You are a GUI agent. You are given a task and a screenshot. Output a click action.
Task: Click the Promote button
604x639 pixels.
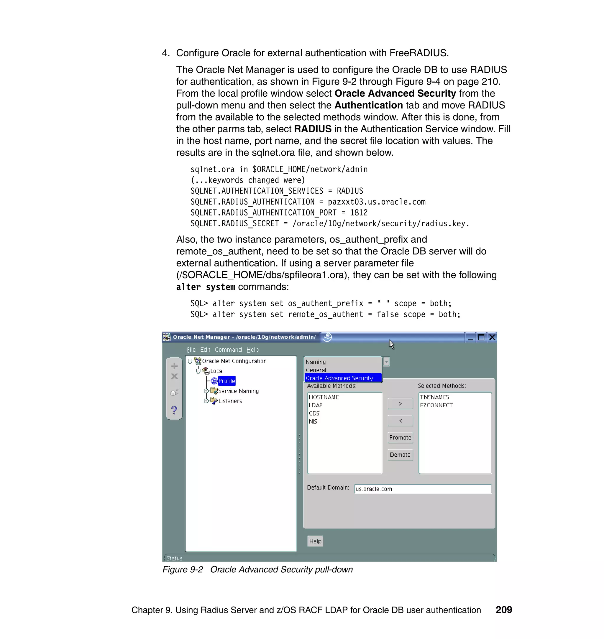[x=400, y=438]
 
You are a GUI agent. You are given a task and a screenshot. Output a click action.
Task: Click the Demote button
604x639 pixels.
[x=400, y=454]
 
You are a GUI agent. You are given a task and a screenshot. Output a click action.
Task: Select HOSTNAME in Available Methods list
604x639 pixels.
[x=324, y=397]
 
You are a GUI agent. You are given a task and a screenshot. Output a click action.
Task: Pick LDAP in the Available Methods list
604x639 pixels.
[x=316, y=405]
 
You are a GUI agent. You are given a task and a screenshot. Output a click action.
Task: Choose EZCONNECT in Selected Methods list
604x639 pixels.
[x=436, y=405]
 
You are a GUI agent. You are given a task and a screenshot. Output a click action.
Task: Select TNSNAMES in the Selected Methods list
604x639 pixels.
[x=434, y=397]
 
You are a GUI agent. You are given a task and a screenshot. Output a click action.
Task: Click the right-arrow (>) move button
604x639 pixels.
[x=400, y=404]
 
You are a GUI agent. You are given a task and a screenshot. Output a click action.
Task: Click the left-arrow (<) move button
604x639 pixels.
[x=400, y=421]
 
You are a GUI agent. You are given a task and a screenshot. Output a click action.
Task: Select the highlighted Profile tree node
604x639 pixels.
[x=227, y=381]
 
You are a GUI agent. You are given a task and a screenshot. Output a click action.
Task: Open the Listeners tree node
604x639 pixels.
[x=230, y=401]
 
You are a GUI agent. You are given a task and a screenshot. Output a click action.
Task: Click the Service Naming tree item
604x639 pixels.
[x=238, y=391]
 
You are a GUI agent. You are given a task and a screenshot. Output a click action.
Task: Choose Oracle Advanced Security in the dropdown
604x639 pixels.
[x=339, y=378]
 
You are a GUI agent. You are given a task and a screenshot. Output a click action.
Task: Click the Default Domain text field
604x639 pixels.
[x=423, y=489]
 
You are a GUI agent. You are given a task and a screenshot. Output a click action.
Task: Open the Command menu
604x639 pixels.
[x=228, y=350]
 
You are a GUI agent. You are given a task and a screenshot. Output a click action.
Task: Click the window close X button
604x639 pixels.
[x=492, y=337]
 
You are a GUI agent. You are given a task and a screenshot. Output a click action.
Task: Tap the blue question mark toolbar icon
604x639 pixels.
[x=174, y=410]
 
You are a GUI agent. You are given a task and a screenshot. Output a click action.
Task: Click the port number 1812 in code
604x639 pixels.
[x=359, y=213]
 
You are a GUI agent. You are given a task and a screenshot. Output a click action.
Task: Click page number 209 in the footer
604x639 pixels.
[x=503, y=610]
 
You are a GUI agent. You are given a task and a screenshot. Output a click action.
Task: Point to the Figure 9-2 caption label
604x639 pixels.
[x=183, y=569]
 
